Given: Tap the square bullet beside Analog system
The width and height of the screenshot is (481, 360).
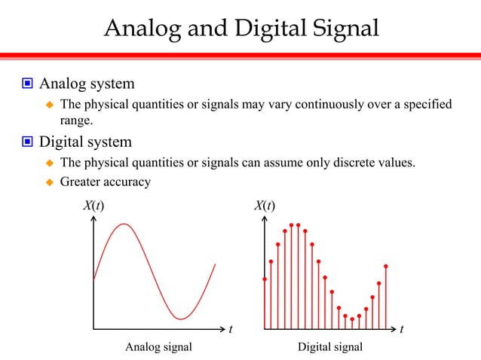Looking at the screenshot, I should point(26,83).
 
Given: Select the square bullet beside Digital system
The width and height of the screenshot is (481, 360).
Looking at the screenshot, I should point(26,142).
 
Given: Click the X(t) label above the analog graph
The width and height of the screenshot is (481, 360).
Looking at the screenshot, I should point(93,206).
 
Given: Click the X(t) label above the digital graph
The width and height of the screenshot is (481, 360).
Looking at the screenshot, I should point(264,206).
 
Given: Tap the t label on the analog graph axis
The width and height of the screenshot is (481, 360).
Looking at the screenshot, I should point(231,329).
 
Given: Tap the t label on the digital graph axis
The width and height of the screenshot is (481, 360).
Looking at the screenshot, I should point(402,329).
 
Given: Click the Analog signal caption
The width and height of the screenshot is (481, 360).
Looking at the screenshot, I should point(158,346).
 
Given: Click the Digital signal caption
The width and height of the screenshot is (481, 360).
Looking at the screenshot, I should point(330,346).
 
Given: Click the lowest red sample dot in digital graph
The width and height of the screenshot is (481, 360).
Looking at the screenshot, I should point(352,319).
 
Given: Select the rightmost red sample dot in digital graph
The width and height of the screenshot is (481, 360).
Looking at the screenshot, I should point(386,266).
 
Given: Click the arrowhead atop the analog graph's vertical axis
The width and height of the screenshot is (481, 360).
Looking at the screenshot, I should point(93,220).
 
